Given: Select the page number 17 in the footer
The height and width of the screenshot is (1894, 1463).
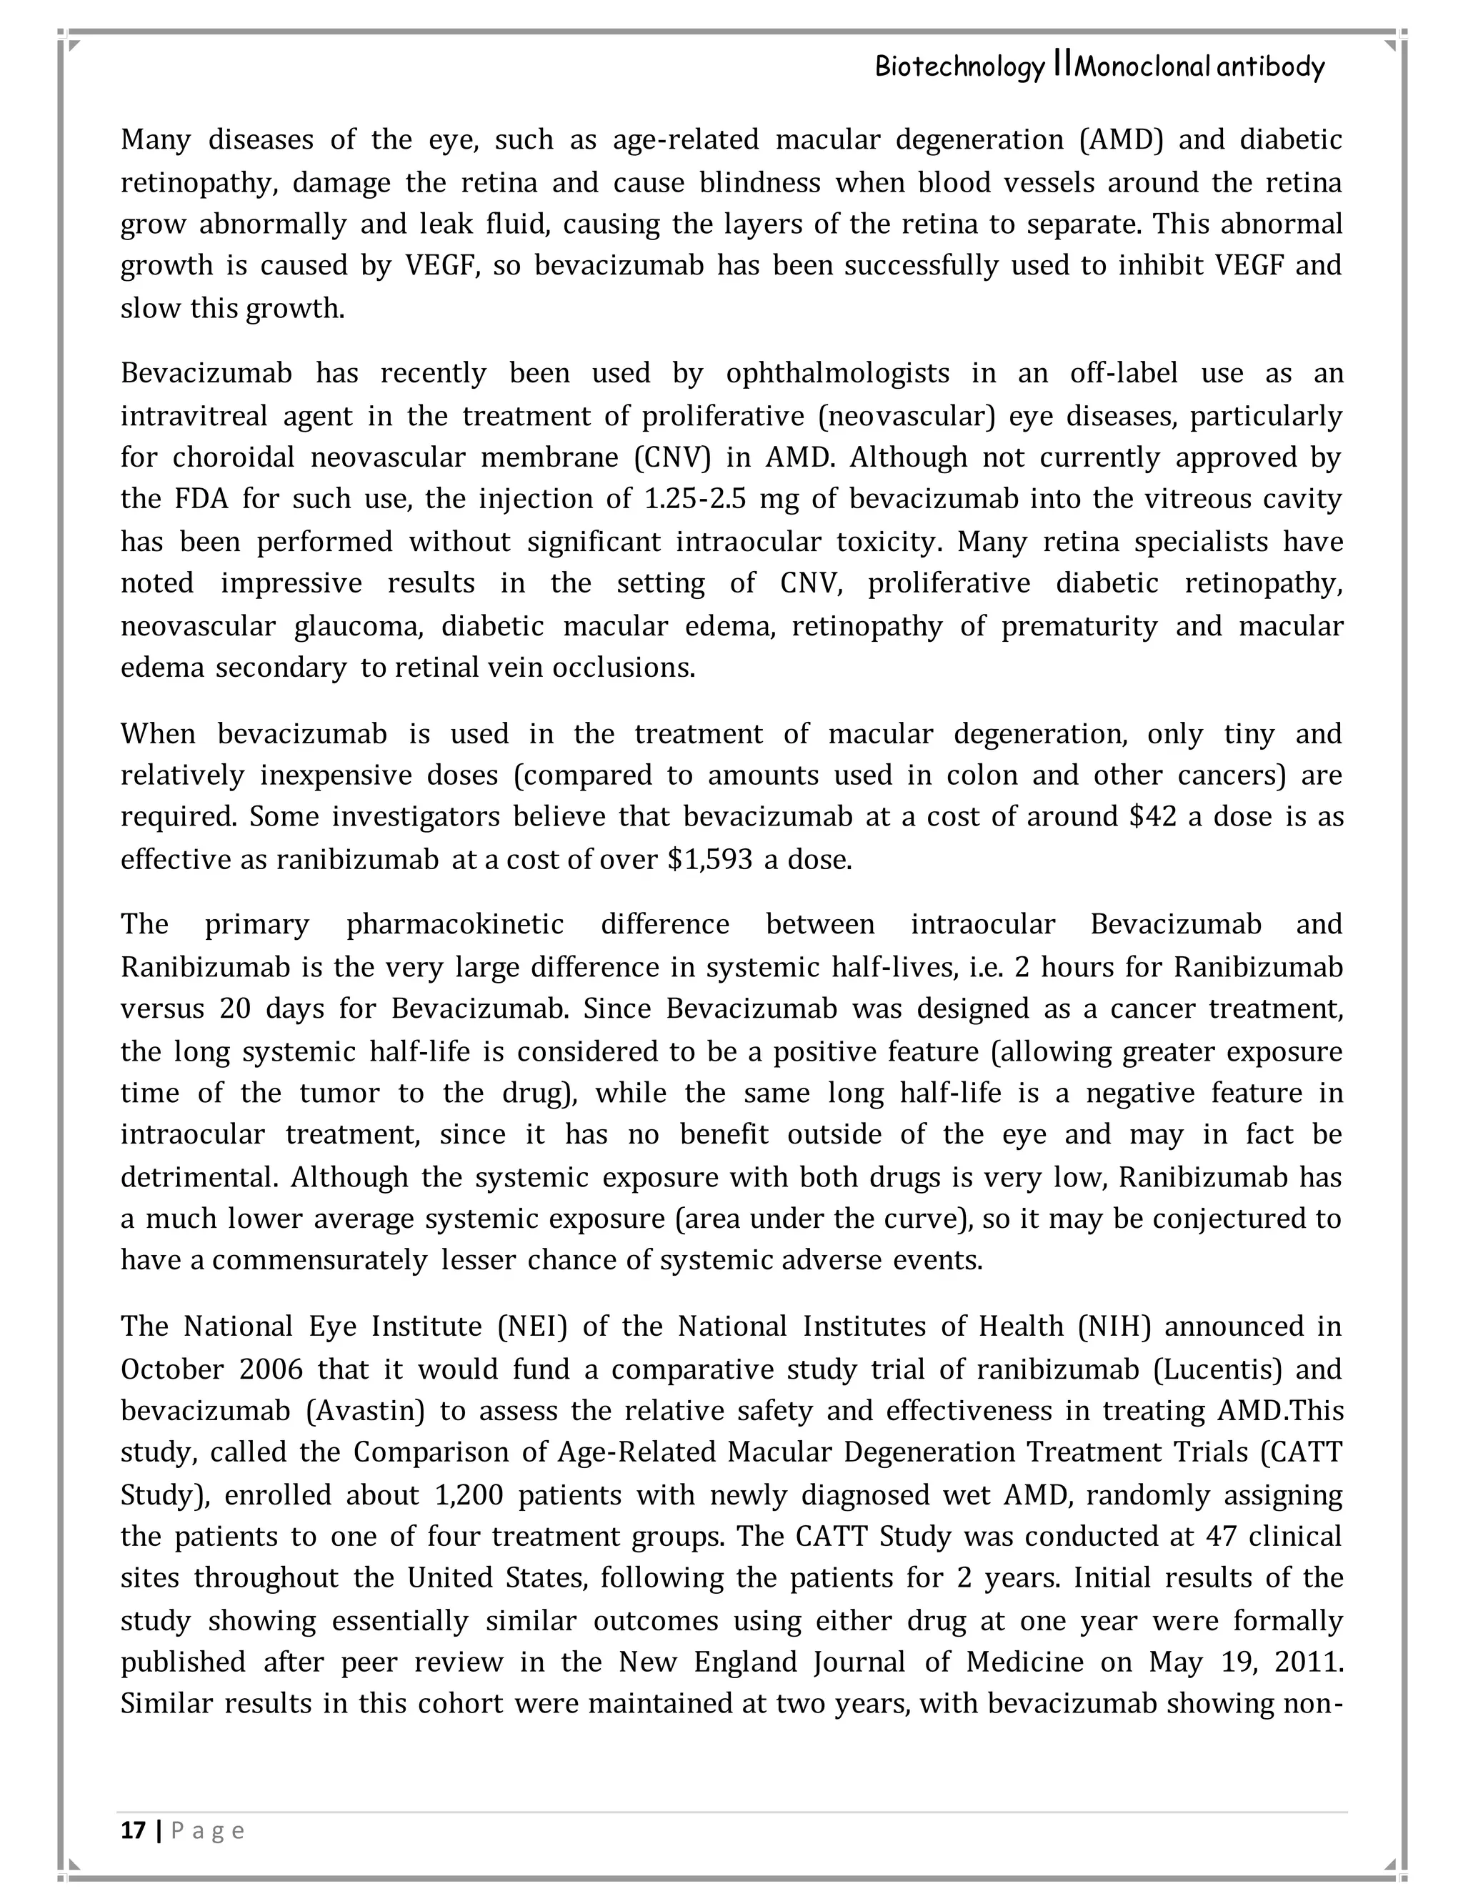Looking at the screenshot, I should click(x=134, y=1830).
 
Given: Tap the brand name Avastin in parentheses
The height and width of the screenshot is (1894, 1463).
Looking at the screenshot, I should click(x=365, y=1411).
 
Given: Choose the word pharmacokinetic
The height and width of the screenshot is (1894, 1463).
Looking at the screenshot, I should click(x=455, y=924).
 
